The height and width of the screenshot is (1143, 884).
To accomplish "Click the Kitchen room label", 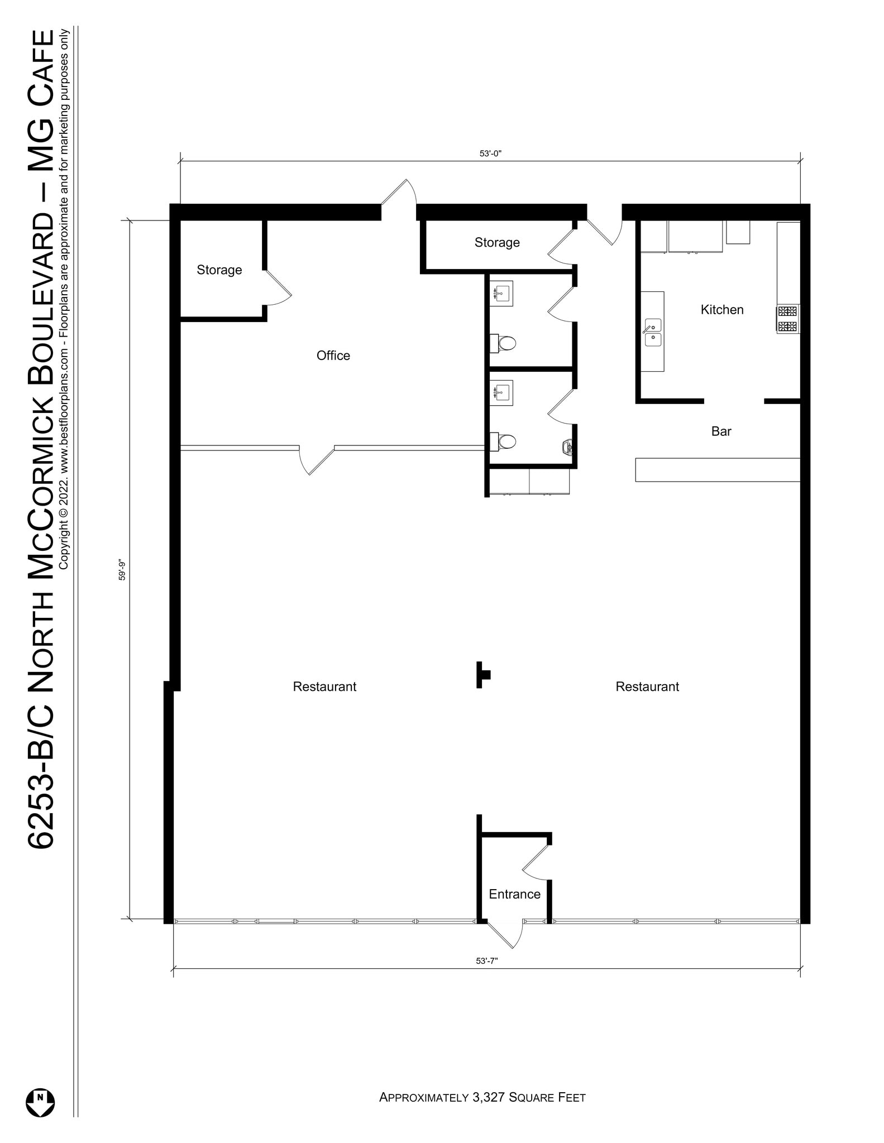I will [x=721, y=310].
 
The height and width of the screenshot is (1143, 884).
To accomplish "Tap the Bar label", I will [x=721, y=431].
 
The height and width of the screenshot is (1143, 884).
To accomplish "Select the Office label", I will [x=333, y=356].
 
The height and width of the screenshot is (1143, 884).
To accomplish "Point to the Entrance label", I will [x=514, y=894].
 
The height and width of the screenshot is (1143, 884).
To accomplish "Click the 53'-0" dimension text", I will [x=490, y=154].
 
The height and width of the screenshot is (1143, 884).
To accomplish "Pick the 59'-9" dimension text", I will [x=122, y=570].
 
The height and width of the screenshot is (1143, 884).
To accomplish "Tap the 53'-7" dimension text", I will [x=486, y=961].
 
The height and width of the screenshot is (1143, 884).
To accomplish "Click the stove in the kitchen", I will [x=787, y=319].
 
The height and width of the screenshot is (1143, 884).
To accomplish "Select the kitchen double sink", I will [x=652, y=332].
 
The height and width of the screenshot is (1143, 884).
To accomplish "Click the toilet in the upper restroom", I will [x=505, y=343].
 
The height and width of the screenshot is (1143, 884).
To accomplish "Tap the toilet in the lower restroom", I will [x=505, y=442].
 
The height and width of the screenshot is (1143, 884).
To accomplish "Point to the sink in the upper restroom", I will [x=501, y=293].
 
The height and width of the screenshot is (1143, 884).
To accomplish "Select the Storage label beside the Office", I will [x=219, y=270].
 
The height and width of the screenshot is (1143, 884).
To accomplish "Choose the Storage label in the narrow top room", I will [x=497, y=242].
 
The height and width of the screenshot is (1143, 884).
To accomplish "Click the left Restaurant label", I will [x=324, y=686].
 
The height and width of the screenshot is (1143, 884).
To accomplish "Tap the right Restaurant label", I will [x=647, y=686].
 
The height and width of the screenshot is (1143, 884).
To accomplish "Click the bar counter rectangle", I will [x=718, y=470].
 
